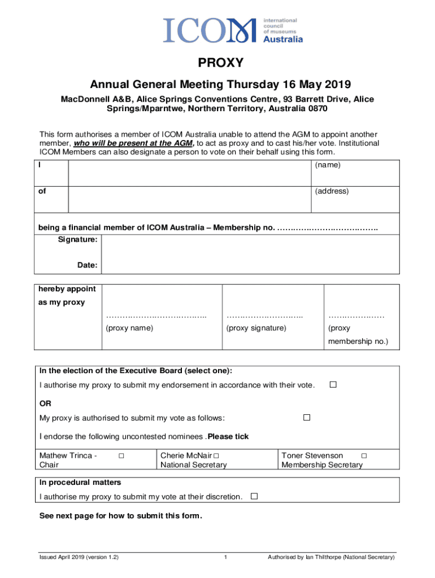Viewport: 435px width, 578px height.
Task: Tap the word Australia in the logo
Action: pyautogui.click(x=284, y=39)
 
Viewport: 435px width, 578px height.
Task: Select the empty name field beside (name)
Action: pyautogui.click(x=190, y=173)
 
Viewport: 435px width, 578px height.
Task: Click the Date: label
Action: pyautogui.click(x=88, y=265)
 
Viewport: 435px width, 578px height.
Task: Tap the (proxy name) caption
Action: pyautogui.click(x=129, y=328)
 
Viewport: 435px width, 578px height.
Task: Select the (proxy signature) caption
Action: pyautogui.click(x=256, y=328)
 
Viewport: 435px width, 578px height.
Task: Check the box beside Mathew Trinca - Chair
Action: pyautogui.click(x=121, y=456)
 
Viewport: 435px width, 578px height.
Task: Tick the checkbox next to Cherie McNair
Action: pyautogui.click(x=216, y=456)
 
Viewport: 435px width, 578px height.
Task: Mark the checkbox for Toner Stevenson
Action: pyautogui.click(x=364, y=456)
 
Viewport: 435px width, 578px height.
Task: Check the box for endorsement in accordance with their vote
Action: pyautogui.click(x=333, y=384)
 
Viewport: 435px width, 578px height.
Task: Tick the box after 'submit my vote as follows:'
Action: pyautogui.click(x=307, y=418)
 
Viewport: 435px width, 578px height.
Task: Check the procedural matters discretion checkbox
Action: pyautogui.click(x=254, y=496)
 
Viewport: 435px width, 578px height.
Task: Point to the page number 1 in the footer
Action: pyautogui.click(x=225, y=558)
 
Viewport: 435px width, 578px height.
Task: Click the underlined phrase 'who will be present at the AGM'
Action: pyautogui.click(x=136, y=143)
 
